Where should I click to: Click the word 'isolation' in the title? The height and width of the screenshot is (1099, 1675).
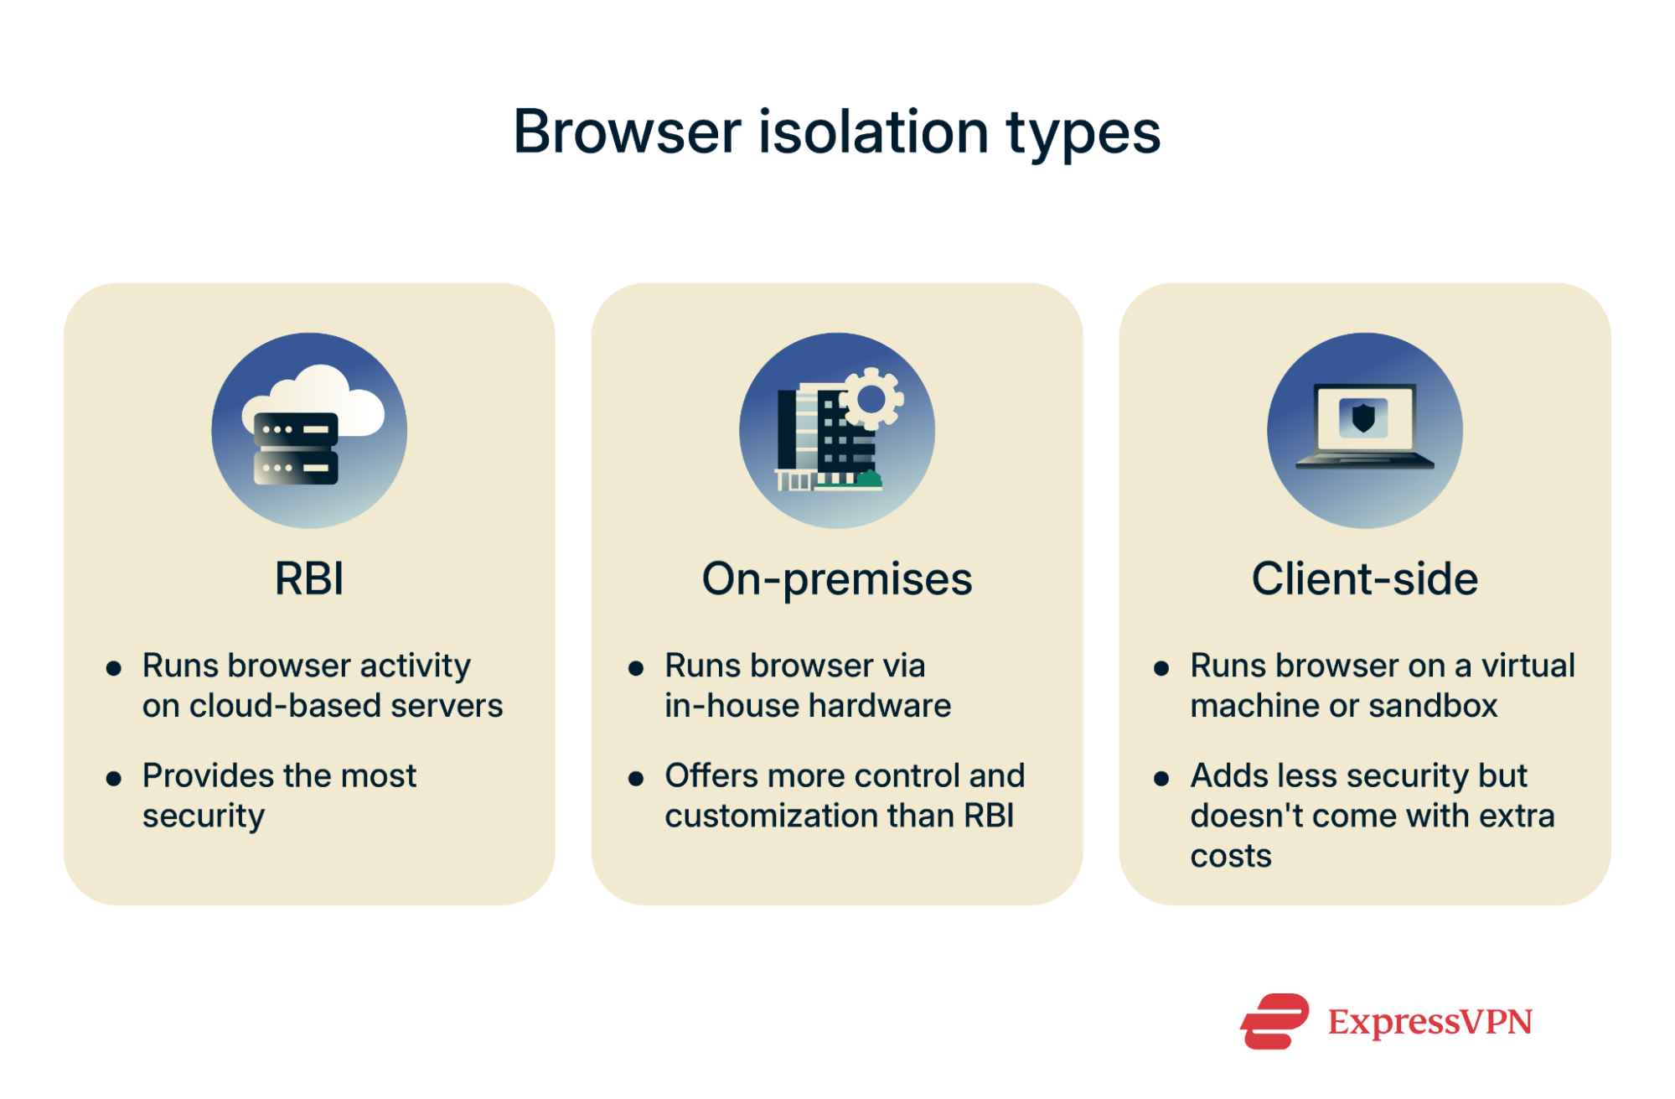[873, 132]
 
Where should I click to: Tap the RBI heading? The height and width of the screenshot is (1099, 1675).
[309, 578]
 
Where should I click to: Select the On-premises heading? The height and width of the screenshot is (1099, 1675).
[836, 578]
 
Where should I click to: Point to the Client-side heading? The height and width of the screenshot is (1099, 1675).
[1364, 578]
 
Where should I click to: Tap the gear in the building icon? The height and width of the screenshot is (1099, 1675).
[871, 399]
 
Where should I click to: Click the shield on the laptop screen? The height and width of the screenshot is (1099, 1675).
[1363, 417]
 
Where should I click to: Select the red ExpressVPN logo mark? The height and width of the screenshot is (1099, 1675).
[1274, 1021]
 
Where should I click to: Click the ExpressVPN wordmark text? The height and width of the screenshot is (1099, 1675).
[1429, 1022]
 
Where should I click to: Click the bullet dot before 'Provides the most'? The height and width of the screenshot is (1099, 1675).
[114, 778]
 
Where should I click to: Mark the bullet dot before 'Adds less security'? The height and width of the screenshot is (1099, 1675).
[1161, 778]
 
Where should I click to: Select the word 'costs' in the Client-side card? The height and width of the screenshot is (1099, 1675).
[1230, 856]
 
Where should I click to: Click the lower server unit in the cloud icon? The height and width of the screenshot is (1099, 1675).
[295, 468]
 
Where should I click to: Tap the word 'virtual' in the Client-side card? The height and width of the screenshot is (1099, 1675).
[1528, 666]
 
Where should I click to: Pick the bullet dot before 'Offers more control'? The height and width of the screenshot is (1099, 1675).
[636, 778]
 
